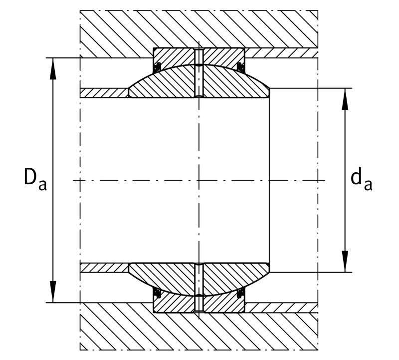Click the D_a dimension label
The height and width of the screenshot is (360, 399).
coord(35,179)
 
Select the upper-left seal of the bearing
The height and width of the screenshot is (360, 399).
coord(158,66)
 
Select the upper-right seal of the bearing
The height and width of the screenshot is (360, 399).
coord(240,67)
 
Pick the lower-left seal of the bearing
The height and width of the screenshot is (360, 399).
coord(158,293)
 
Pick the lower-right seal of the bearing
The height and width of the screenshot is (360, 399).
coord(240,293)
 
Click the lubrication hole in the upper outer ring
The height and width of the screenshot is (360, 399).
coord(199,56)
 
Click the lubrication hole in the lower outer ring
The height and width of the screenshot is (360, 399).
coord(199,304)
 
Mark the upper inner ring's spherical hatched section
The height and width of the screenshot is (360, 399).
coord(199,81)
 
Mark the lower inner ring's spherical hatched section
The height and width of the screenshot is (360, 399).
coord(199,279)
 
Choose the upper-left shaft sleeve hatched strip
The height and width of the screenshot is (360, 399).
coord(104,93)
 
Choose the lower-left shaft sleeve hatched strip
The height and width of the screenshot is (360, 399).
coord(104,268)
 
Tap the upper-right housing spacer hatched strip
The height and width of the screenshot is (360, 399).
coord(281,53)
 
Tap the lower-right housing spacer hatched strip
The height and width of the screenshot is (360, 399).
coord(281,308)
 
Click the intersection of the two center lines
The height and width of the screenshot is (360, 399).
coord(199,180)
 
